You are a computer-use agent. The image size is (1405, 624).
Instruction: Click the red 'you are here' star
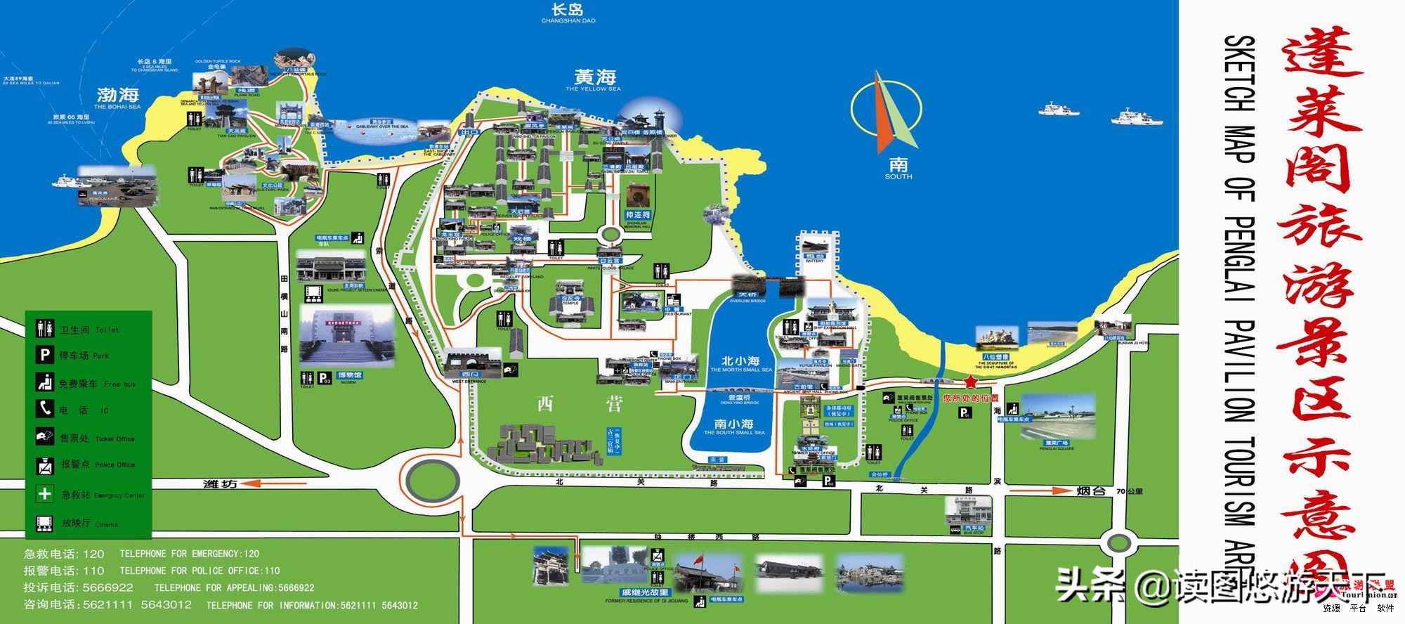(x=970, y=382)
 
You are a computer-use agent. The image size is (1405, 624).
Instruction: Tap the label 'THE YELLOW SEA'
(x=594, y=89)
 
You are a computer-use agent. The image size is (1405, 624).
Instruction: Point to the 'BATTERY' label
(x=815, y=261)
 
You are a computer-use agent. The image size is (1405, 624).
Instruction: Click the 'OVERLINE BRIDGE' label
(x=747, y=301)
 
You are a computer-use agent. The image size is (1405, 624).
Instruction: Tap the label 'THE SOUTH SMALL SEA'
(x=734, y=433)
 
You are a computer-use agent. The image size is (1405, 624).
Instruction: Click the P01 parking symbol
(x=965, y=413)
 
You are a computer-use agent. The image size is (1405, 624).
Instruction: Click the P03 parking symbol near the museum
(x=325, y=378)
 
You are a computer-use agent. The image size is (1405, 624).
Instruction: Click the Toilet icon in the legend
(x=45, y=328)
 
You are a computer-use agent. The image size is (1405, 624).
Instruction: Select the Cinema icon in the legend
(x=44, y=523)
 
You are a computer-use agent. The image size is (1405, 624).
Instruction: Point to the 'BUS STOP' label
(x=974, y=533)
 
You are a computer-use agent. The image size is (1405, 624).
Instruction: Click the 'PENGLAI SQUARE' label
(x=1057, y=448)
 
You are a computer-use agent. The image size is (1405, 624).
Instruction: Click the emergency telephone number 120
(x=93, y=554)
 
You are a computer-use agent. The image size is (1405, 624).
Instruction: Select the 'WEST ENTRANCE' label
(x=469, y=382)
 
